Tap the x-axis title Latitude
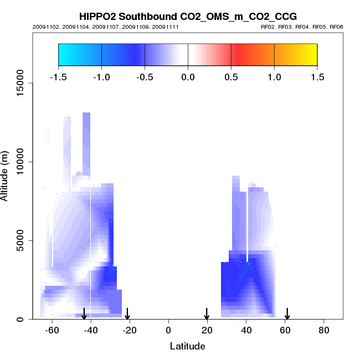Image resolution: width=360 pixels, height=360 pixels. pyautogui.click(x=187, y=346)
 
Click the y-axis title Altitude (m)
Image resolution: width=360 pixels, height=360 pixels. pyautogui.click(x=6, y=175)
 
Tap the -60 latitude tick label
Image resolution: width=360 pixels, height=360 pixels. pyautogui.click(x=52, y=330)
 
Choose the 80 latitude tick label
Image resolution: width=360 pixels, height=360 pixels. pyautogui.click(x=324, y=330)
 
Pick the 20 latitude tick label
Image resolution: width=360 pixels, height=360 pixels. pyautogui.click(x=207, y=330)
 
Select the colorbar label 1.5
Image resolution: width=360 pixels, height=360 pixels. pyautogui.click(x=317, y=77)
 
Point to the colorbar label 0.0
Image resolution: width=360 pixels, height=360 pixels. pyautogui.click(x=188, y=77)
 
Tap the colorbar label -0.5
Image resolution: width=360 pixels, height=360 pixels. pyautogui.click(x=145, y=77)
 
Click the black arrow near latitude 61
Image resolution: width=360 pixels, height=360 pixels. pyautogui.click(x=287, y=313)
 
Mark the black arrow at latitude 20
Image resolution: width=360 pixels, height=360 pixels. pyautogui.click(x=207, y=313)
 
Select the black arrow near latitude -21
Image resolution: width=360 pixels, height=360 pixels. pyautogui.click(x=127, y=313)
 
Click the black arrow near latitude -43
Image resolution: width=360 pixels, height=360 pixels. pyautogui.click(x=84, y=313)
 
